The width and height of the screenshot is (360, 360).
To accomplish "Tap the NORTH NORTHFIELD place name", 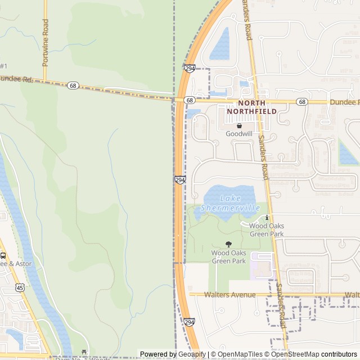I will tap(251, 107).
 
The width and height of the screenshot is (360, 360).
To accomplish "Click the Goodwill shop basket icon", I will tap(239, 126).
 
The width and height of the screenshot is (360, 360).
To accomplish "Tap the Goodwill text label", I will tap(239, 134).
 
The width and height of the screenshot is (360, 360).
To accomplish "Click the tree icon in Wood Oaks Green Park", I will tap(228, 244).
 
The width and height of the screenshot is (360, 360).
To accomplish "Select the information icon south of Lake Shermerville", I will tap(267, 218).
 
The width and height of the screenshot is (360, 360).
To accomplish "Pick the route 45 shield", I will tap(21, 287).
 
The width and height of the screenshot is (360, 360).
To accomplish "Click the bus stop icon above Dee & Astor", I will tap(3, 254).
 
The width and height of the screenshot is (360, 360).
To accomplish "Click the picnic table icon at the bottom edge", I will tap(84, 352).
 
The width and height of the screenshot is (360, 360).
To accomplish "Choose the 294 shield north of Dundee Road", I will tap(190, 68).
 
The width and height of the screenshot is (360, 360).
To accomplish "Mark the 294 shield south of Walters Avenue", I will tap(189, 321).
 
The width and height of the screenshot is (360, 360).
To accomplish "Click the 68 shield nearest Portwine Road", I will tap(73, 85).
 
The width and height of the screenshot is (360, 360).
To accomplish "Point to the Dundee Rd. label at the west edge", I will tap(16, 79).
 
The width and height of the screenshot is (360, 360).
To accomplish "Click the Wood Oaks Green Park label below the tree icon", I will tap(228, 257).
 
